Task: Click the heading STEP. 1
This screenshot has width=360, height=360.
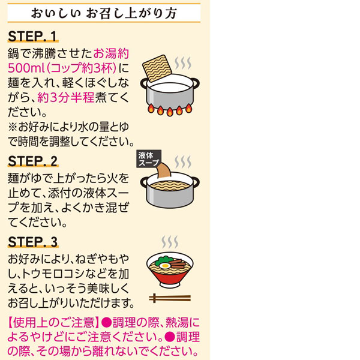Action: (32, 36)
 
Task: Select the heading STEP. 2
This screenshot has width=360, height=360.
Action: (32, 161)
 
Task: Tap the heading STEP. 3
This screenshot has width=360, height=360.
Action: (32, 242)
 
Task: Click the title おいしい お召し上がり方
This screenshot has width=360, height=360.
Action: (104, 13)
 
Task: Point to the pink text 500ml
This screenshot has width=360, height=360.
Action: (26, 68)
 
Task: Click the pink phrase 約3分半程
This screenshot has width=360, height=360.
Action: (65, 98)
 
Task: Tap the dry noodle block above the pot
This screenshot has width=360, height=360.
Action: (157, 68)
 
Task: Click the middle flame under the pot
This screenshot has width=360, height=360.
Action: (170, 112)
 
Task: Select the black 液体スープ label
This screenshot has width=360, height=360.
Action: (149, 158)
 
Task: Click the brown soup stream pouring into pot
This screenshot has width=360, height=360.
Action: (164, 170)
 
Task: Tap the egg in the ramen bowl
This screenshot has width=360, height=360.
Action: (164, 266)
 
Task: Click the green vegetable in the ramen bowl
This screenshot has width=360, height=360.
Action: (163, 260)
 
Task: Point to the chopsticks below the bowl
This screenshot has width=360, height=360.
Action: (170, 298)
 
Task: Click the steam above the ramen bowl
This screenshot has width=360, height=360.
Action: (170, 242)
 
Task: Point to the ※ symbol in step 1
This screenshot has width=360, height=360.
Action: (13, 127)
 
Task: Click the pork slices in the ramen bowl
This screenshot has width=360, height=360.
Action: (178, 263)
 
